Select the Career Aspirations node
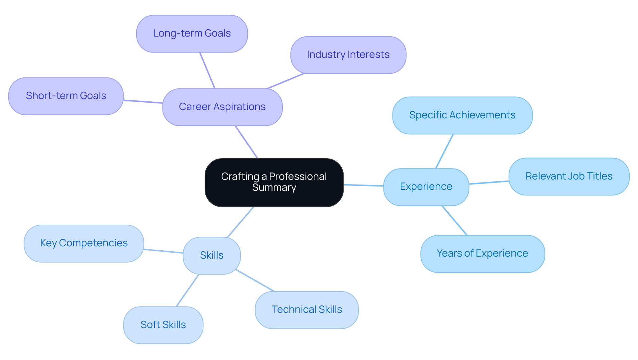[x=222, y=107]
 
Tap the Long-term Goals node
[x=192, y=34]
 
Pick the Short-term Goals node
[x=66, y=96]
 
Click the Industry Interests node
[x=348, y=55]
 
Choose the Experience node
[x=426, y=187]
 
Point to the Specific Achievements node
[x=462, y=115]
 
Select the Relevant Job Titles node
[x=569, y=177]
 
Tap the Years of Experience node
[x=482, y=254]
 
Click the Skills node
[x=211, y=255]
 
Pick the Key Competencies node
[x=84, y=243]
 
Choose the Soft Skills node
[x=163, y=325]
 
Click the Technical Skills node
[x=306, y=310]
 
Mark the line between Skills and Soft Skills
[x=187, y=290]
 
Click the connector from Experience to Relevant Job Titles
[x=489, y=182]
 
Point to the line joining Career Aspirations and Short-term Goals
[x=143, y=101]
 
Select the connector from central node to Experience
[x=364, y=185]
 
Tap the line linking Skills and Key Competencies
[x=163, y=251]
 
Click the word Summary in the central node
[x=274, y=188]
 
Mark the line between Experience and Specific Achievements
[x=444, y=151]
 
